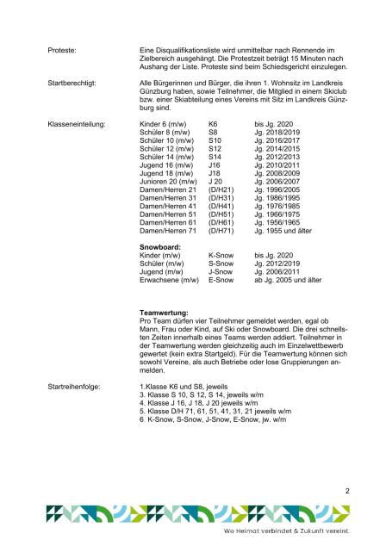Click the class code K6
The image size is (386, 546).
coord(214,125)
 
